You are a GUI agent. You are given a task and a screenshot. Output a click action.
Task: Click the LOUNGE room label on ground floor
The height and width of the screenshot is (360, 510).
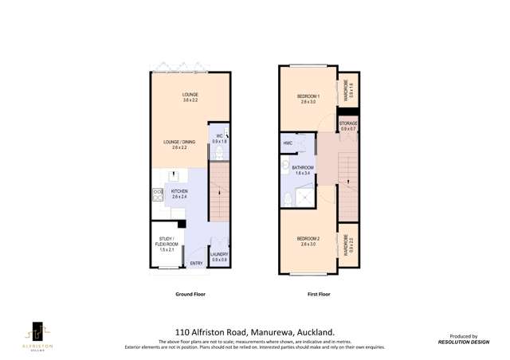click(190, 95)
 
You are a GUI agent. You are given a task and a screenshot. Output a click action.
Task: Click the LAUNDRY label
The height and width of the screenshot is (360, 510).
click(219, 254)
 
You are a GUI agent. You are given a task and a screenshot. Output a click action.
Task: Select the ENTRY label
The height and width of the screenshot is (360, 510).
click(195, 263)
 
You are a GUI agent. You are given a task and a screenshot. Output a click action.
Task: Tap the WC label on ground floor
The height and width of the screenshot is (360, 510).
click(218, 136)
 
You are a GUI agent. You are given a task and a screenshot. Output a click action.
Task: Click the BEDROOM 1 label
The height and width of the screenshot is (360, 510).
click(308, 96)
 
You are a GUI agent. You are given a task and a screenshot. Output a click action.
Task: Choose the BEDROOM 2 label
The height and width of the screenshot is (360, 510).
click(308, 239)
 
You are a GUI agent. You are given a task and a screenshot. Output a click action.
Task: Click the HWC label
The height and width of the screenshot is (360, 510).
click(288, 143)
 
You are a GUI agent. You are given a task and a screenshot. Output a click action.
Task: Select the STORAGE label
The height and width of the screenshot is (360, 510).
click(348, 123)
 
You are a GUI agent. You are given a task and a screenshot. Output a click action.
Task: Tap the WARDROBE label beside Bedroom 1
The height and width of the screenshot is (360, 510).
click(348, 87)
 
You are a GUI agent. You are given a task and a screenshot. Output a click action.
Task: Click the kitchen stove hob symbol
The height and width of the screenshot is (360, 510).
click(157, 193)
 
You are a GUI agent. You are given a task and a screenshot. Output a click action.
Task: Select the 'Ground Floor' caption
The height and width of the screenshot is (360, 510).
click(190, 294)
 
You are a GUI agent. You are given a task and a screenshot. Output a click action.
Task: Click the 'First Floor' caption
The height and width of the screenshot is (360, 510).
click(319, 294)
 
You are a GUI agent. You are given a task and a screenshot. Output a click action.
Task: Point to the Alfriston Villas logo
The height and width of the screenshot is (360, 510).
click(37, 335)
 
